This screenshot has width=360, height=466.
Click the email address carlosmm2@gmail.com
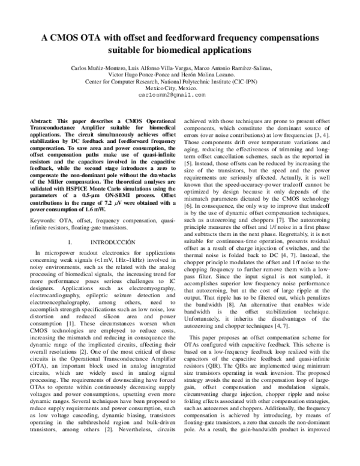point(172,95)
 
